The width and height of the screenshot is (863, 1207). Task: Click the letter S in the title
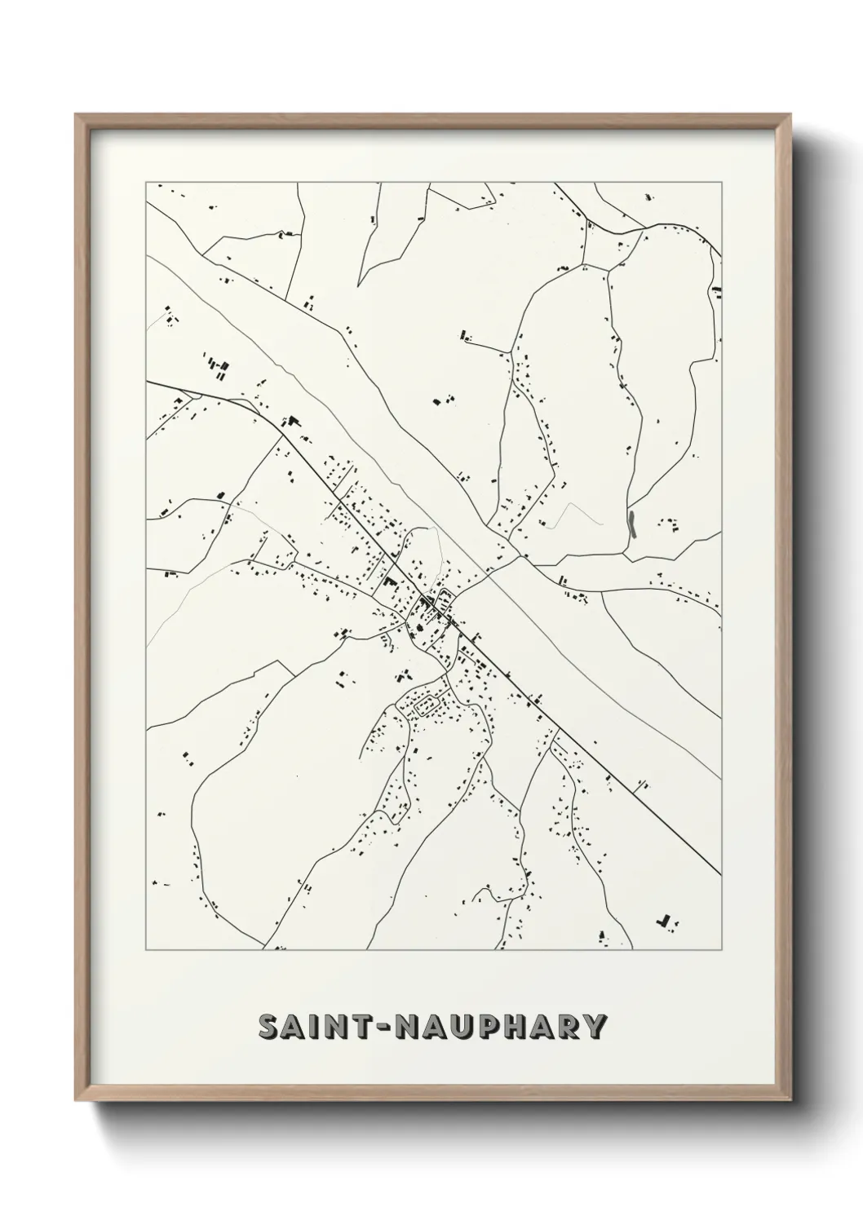click(x=269, y=1026)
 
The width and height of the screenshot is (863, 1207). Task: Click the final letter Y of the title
click(x=595, y=1026)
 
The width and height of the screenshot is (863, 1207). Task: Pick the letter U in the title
click(x=458, y=1026)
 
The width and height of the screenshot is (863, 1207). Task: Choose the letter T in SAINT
click(x=363, y=1026)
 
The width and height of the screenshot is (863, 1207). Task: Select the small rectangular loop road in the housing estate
click(x=427, y=705)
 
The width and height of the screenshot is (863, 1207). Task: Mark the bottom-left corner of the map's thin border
click(x=146, y=950)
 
